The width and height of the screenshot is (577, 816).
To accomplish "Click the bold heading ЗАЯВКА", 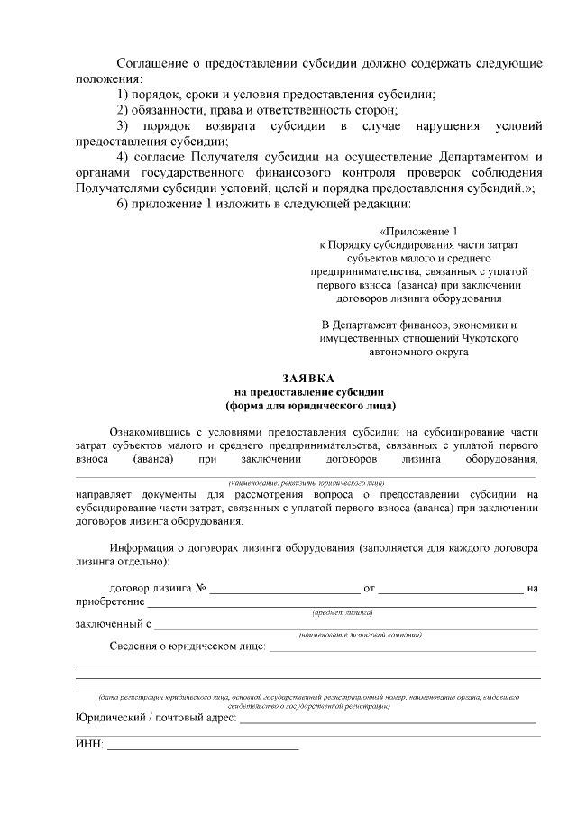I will coord(308,379).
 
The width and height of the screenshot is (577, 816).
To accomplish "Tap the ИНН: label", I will coord(89,744).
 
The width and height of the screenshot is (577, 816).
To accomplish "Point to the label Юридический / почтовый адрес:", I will coord(155,718).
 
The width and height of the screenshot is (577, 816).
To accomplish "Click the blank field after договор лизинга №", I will coord(285,590).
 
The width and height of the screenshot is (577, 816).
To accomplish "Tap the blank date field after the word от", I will coord(450,590).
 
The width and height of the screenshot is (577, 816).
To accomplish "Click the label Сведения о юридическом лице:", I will coord(187,646).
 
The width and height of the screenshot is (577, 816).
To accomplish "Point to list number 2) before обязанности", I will coord(124,110).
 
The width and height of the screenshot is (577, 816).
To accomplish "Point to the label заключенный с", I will coord(113,623).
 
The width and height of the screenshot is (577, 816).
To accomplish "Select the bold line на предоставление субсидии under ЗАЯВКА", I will coord(308,392).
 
